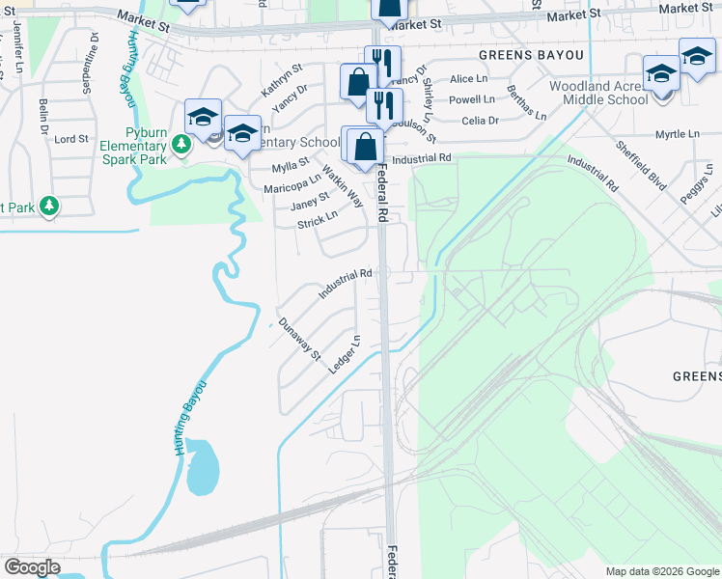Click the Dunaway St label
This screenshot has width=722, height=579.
point(298,339)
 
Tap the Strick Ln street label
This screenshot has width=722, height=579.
point(317,221)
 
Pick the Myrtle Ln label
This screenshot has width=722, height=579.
point(675,135)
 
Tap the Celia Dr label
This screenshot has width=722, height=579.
point(480,121)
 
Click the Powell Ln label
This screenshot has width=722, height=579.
point(472,99)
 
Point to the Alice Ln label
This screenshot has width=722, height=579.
point(468,78)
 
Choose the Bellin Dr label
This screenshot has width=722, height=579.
point(43,116)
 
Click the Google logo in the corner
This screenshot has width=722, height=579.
point(32,567)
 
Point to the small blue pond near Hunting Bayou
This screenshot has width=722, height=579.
point(203,466)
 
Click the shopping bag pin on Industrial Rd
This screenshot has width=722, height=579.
point(366,150)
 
